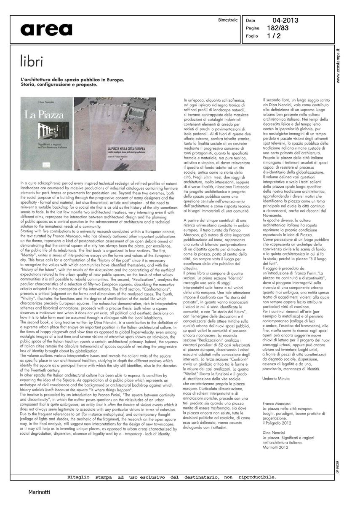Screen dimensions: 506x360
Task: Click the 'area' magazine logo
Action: coord(46,30)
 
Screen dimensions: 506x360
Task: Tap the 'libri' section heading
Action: coord(32,62)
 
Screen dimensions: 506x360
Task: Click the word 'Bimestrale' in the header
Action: coord(228,20)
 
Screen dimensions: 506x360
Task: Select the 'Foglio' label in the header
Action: coord(252,36)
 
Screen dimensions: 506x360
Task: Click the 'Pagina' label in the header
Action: coord(253,28)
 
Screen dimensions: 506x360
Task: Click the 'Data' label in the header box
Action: coord(251,20)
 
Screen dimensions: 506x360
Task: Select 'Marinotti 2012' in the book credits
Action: coord(276,447)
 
